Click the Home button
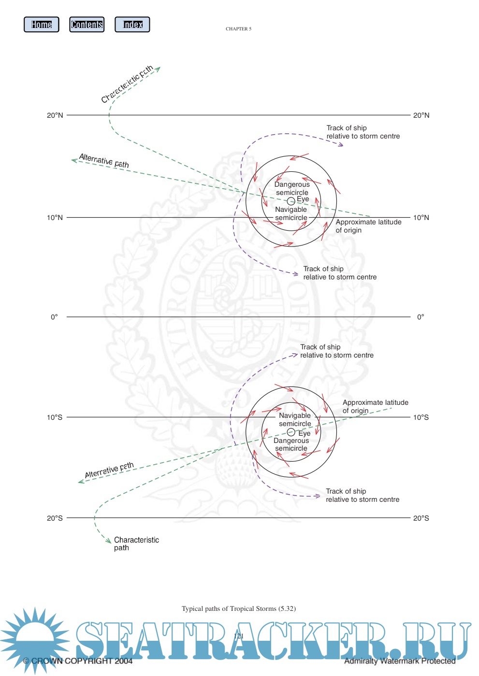coord(42,25)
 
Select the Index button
coord(132,25)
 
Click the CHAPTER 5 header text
coord(238,29)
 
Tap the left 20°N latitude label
coord(55,115)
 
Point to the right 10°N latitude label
coord(421,218)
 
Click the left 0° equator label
coord(55,317)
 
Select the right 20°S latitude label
coord(421,518)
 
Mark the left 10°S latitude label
coord(55,417)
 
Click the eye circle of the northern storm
coord(291,201)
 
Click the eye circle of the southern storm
coord(291,432)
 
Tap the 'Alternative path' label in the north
coord(104,161)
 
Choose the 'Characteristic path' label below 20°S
coord(136,544)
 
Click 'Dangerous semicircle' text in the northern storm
coord(292,188)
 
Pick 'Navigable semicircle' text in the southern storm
coord(295,419)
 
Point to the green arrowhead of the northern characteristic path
coord(158,69)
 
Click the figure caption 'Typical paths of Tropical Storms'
coord(238,608)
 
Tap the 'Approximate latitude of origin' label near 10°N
coord(368,226)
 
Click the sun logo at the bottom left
coord(35,639)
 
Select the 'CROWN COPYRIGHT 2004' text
coord(78,661)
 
